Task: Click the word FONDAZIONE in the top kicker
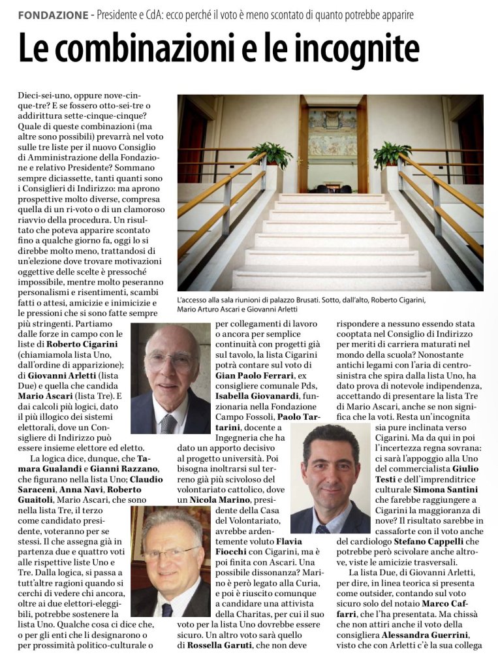[x=53, y=14]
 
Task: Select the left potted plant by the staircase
[x=270, y=157]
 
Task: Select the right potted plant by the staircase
[x=392, y=155]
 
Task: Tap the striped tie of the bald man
[x=169, y=422]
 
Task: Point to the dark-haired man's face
[x=330, y=471]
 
